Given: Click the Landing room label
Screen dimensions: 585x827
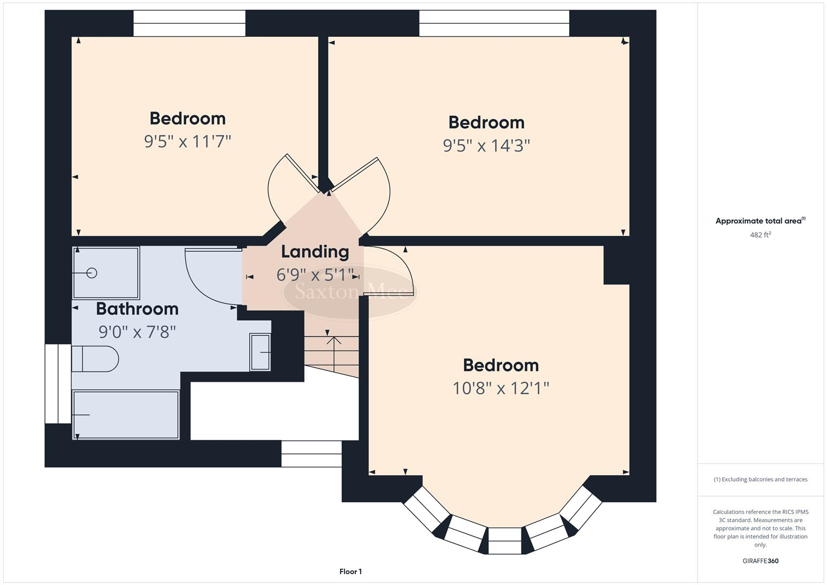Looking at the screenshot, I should pos(315,252).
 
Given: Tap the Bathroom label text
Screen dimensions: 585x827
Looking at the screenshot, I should pos(137,309).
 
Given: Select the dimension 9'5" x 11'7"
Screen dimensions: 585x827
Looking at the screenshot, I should pos(187,142).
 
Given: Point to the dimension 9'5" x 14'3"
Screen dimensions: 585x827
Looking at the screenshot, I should pos(486,146).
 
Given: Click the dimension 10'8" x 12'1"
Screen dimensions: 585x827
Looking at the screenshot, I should pos(501,388).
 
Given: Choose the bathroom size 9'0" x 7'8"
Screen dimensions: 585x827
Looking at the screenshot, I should pos(137,331).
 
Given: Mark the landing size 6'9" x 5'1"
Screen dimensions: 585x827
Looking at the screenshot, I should pos(315,275).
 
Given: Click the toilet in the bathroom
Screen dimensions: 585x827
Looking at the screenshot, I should pos(95,359).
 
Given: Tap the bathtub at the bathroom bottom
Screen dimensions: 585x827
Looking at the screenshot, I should pos(126,415).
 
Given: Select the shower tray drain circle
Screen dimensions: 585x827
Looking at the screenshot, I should pos(92,273).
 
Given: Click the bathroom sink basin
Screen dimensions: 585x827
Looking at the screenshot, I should pos(260,352).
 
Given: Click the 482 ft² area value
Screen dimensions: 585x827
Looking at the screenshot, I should pos(760,235).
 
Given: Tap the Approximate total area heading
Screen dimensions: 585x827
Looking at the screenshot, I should pos(760,221).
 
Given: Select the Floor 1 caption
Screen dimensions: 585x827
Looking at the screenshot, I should pos(350,571).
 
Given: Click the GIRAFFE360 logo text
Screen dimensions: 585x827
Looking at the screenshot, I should pos(760,561).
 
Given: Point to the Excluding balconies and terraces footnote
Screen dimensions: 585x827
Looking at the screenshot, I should pos(760,479).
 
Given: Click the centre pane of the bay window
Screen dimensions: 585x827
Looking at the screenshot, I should pos(504,541).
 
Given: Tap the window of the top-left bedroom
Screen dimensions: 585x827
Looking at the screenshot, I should pos(189,23).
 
